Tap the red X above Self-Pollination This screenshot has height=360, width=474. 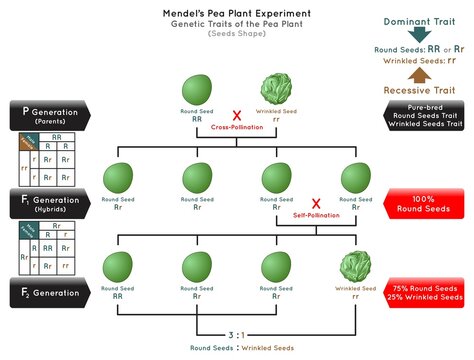pyautogui.click(x=315, y=204)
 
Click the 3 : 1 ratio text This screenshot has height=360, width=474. pyautogui.click(x=236, y=335)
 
